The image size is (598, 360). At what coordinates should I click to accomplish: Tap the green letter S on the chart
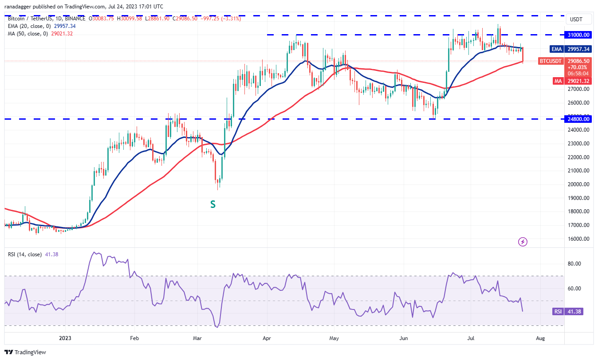(213, 204)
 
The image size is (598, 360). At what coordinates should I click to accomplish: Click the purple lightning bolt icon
(523, 242)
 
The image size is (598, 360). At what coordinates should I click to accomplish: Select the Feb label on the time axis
(134, 338)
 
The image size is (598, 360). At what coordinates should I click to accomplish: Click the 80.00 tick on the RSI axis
(574, 264)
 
